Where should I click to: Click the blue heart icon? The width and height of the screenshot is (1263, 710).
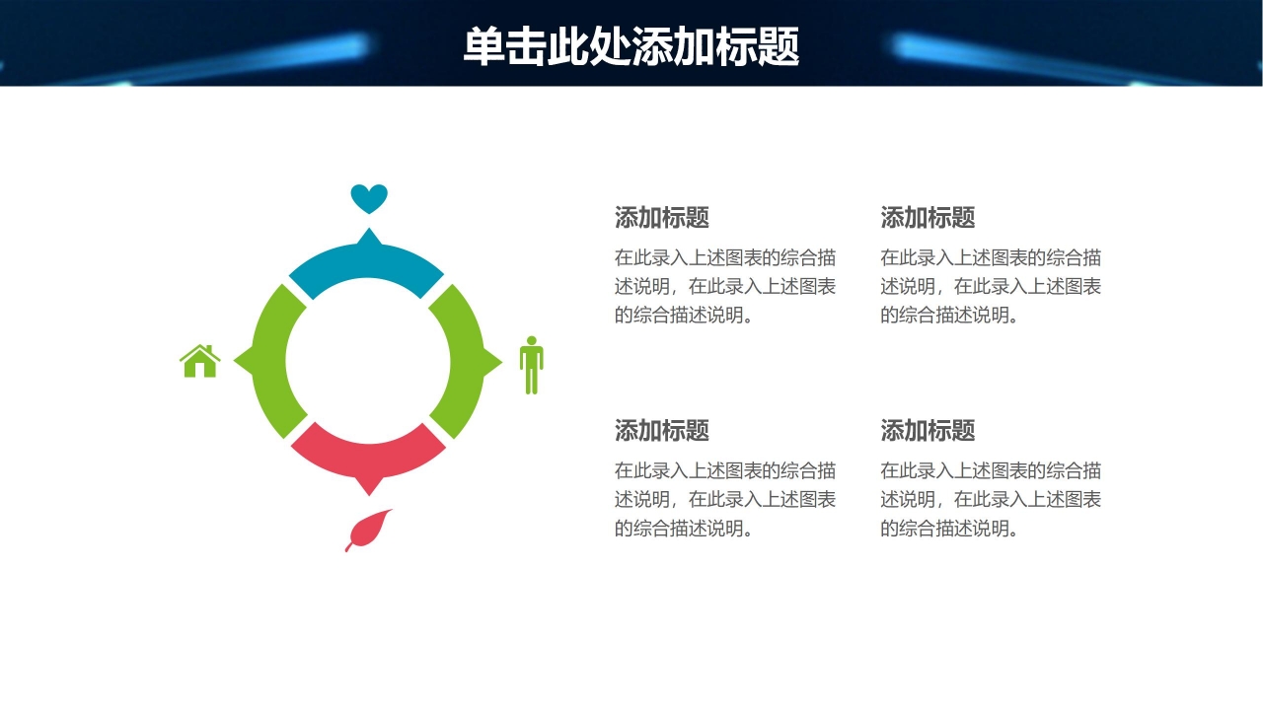[x=369, y=198]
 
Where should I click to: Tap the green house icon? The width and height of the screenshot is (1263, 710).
[x=200, y=362]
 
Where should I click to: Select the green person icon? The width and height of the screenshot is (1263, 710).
[x=532, y=366]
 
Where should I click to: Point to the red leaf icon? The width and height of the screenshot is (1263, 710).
[x=370, y=530]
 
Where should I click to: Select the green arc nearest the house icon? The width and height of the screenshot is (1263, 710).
[x=270, y=362]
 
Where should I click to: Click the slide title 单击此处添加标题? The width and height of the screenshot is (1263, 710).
[x=631, y=46]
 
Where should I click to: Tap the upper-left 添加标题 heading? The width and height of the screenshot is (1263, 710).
[x=662, y=217]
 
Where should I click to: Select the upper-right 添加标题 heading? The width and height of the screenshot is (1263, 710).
[x=928, y=217]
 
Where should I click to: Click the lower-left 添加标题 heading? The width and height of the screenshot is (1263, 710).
[x=662, y=430]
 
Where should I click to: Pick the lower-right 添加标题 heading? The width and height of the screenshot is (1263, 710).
[x=928, y=430]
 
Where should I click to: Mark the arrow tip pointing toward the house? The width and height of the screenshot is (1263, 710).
[x=239, y=362]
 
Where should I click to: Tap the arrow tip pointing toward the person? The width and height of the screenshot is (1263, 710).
[x=497, y=363]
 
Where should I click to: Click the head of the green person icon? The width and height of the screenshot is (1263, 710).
[x=532, y=341]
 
